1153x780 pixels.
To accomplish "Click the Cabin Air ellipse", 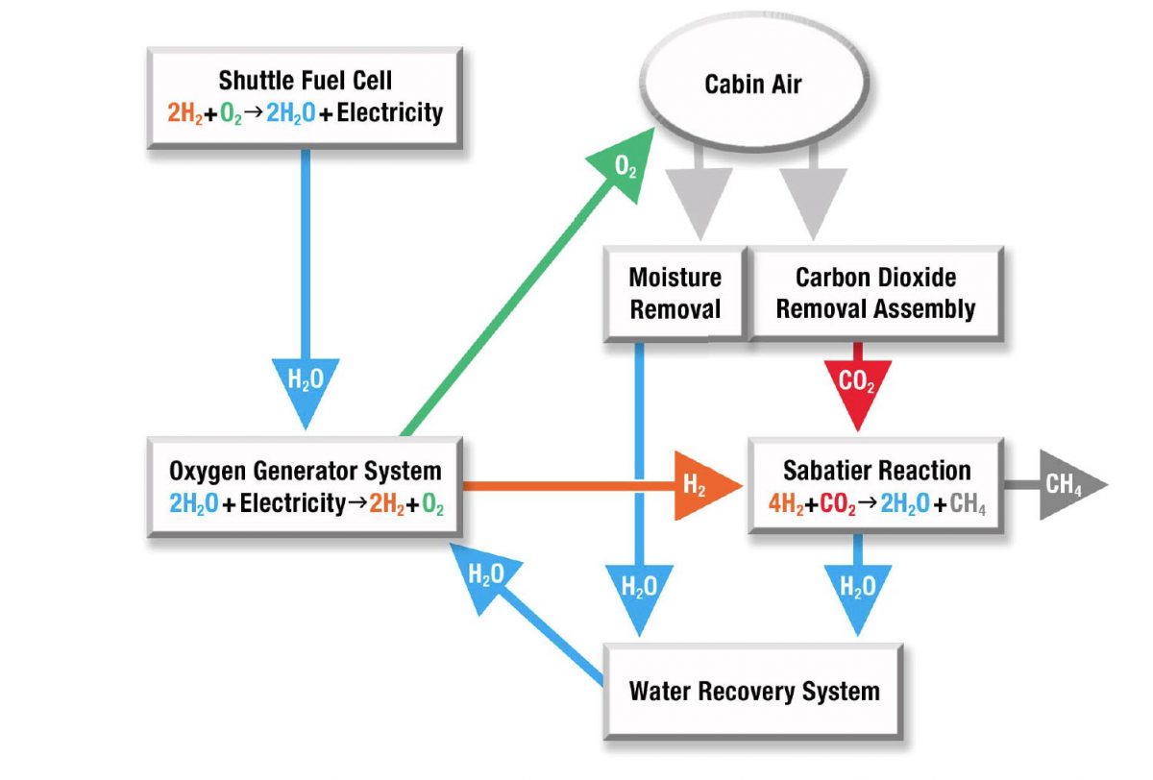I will (x=752, y=84).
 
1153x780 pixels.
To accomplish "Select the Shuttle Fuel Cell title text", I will (x=305, y=80).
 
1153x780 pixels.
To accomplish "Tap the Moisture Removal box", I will (x=675, y=293).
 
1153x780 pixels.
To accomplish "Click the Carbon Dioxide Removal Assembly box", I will (x=875, y=293).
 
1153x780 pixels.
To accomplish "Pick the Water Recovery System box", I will (x=753, y=691).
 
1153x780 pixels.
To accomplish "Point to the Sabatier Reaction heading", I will (x=876, y=471).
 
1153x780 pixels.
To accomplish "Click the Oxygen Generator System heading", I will (x=305, y=471).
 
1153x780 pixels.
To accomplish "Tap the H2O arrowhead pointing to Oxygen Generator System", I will (x=484, y=575).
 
